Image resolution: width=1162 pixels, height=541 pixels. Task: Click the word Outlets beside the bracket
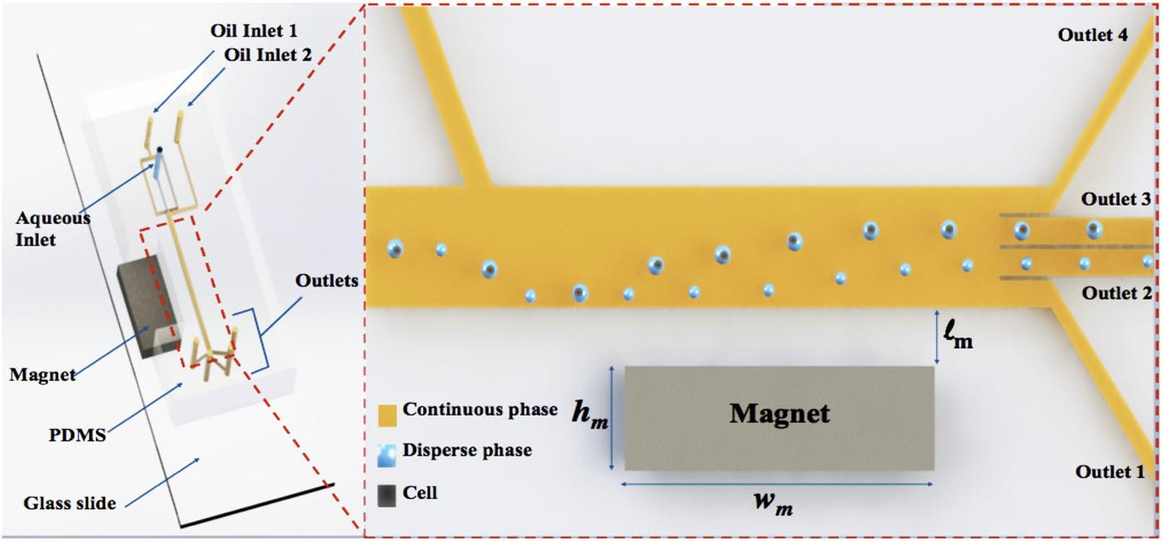[326, 280]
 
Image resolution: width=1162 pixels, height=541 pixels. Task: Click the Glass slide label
[70, 502]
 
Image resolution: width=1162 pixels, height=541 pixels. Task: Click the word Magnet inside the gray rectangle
[779, 412]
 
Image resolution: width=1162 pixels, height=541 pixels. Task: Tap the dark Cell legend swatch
[387, 495]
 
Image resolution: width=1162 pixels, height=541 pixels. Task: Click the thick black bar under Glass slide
[256, 505]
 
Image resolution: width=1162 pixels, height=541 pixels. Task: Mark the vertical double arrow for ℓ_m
[936, 338]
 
